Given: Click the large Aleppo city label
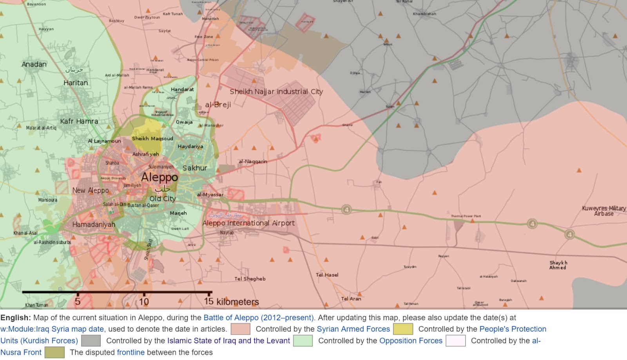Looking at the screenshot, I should click(x=159, y=177).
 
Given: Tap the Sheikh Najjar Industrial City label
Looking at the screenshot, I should click(x=276, y=92).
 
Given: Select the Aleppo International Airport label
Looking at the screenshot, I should click(x=248, y=223).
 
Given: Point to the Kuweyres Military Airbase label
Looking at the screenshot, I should click(x=603, y=211).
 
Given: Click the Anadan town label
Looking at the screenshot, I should click(x=34, y=64).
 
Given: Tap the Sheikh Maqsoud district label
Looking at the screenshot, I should click(x=152, y=138).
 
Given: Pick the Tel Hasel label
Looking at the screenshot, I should click(x=327, y=275).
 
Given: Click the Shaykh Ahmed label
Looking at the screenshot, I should click(x=558, y=265).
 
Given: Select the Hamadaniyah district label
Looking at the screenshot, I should click(x=94, y=224).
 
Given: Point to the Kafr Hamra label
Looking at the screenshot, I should click(x=79, y=121).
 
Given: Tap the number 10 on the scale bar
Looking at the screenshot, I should click(x=144, y=302).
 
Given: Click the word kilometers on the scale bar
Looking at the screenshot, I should click(x=237, y=302).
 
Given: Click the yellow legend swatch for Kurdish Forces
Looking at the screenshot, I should click(x=403, y=329).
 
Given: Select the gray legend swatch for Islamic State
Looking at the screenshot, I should click(x=91, y=341).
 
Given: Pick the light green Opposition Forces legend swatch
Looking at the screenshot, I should click(x=303, y=341).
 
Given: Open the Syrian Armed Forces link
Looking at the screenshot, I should click(x=353, y=329).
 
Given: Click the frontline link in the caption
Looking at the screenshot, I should click(x=130, y=352).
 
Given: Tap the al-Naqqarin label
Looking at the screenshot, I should click(x=253, y=161).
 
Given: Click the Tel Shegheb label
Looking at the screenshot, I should click(x=250, y=279).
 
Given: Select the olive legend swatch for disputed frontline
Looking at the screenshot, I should click(x=54, y=352).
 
